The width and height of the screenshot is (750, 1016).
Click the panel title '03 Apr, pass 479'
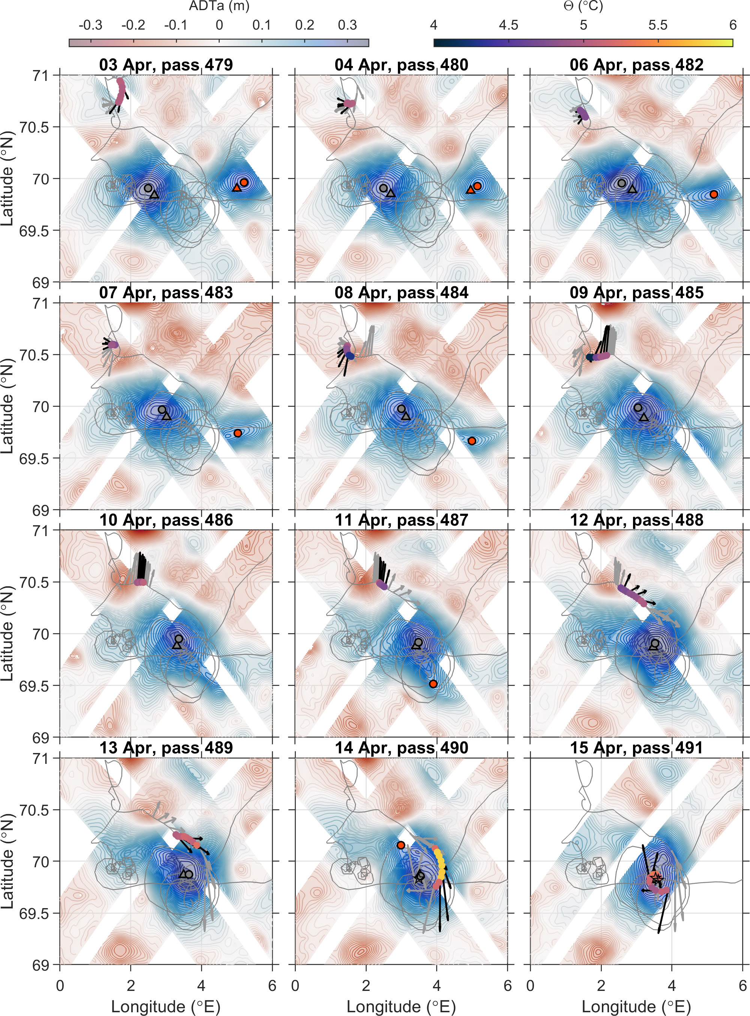pyautogui.click(x=166, y=65)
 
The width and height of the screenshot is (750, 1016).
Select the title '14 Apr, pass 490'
pyautogui.click(x=401, y=747)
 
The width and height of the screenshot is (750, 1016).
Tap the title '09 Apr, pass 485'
pyautogui.click(x=636, y=293)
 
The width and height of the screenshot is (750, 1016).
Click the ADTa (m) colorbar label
pyautogui.click(x=219, y=6)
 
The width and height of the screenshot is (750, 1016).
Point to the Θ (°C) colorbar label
pyautogui.click(x=583, y=6)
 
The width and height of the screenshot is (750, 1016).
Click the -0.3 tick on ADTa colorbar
pyautogui.click(x=90, y=25)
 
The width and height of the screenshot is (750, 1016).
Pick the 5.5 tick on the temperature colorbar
pyautogui.click(x=658, y=25)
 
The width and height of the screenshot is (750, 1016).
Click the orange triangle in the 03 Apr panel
pyautogui.click(x=236, y=188)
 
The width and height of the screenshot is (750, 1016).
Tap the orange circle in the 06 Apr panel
pyautogui.click(x=714, y=194)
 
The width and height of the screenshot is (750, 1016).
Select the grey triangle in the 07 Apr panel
pyautogui.click(x=167, y=416)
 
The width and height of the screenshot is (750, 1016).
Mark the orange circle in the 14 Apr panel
pyautogui.click(x=401, y=845)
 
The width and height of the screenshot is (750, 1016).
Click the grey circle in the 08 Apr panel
pyautogui.click(x=401, y=409)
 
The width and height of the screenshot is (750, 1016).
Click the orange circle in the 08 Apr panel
pyautogui.click(x=472, y=441)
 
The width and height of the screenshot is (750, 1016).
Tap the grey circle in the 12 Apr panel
pyautogui.click(x=655, y=643)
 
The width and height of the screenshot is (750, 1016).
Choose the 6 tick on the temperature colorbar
pyautogui.click(x=732, y=25)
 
